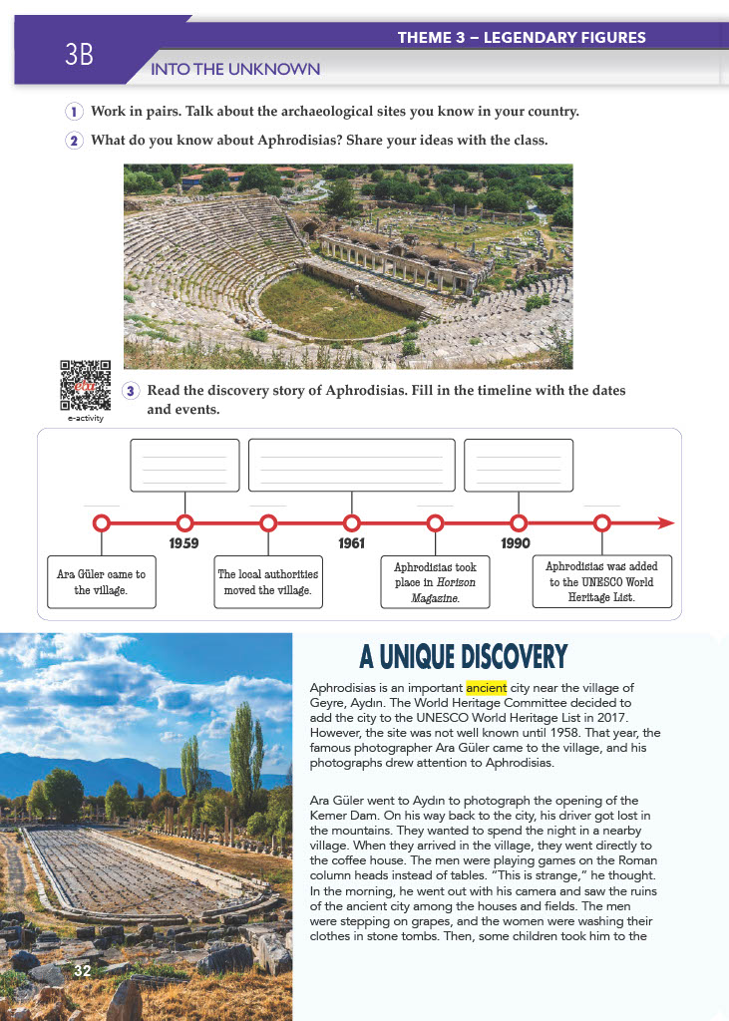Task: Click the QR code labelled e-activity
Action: [85, 386]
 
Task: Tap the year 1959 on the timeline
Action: [183, 543]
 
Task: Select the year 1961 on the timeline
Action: [351, 543]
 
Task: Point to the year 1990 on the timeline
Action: [516, 543]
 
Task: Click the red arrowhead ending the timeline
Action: [666, 522]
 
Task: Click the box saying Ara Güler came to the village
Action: [101, 582]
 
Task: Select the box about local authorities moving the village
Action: [267, 582]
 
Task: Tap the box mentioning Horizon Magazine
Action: [435, 582]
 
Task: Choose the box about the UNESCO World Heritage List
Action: [601, 582]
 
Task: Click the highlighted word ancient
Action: [487, 688]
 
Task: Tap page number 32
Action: [82, 969]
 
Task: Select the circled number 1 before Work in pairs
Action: [74, 112]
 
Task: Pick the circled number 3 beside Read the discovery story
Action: [130, 391]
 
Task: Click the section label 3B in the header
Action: [79, 56]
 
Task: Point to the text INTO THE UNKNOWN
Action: [234, 69]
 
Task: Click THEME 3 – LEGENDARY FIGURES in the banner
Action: [522, 38]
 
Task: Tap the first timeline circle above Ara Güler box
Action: [101, 522]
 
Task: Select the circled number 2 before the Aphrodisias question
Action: [74, 141]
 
